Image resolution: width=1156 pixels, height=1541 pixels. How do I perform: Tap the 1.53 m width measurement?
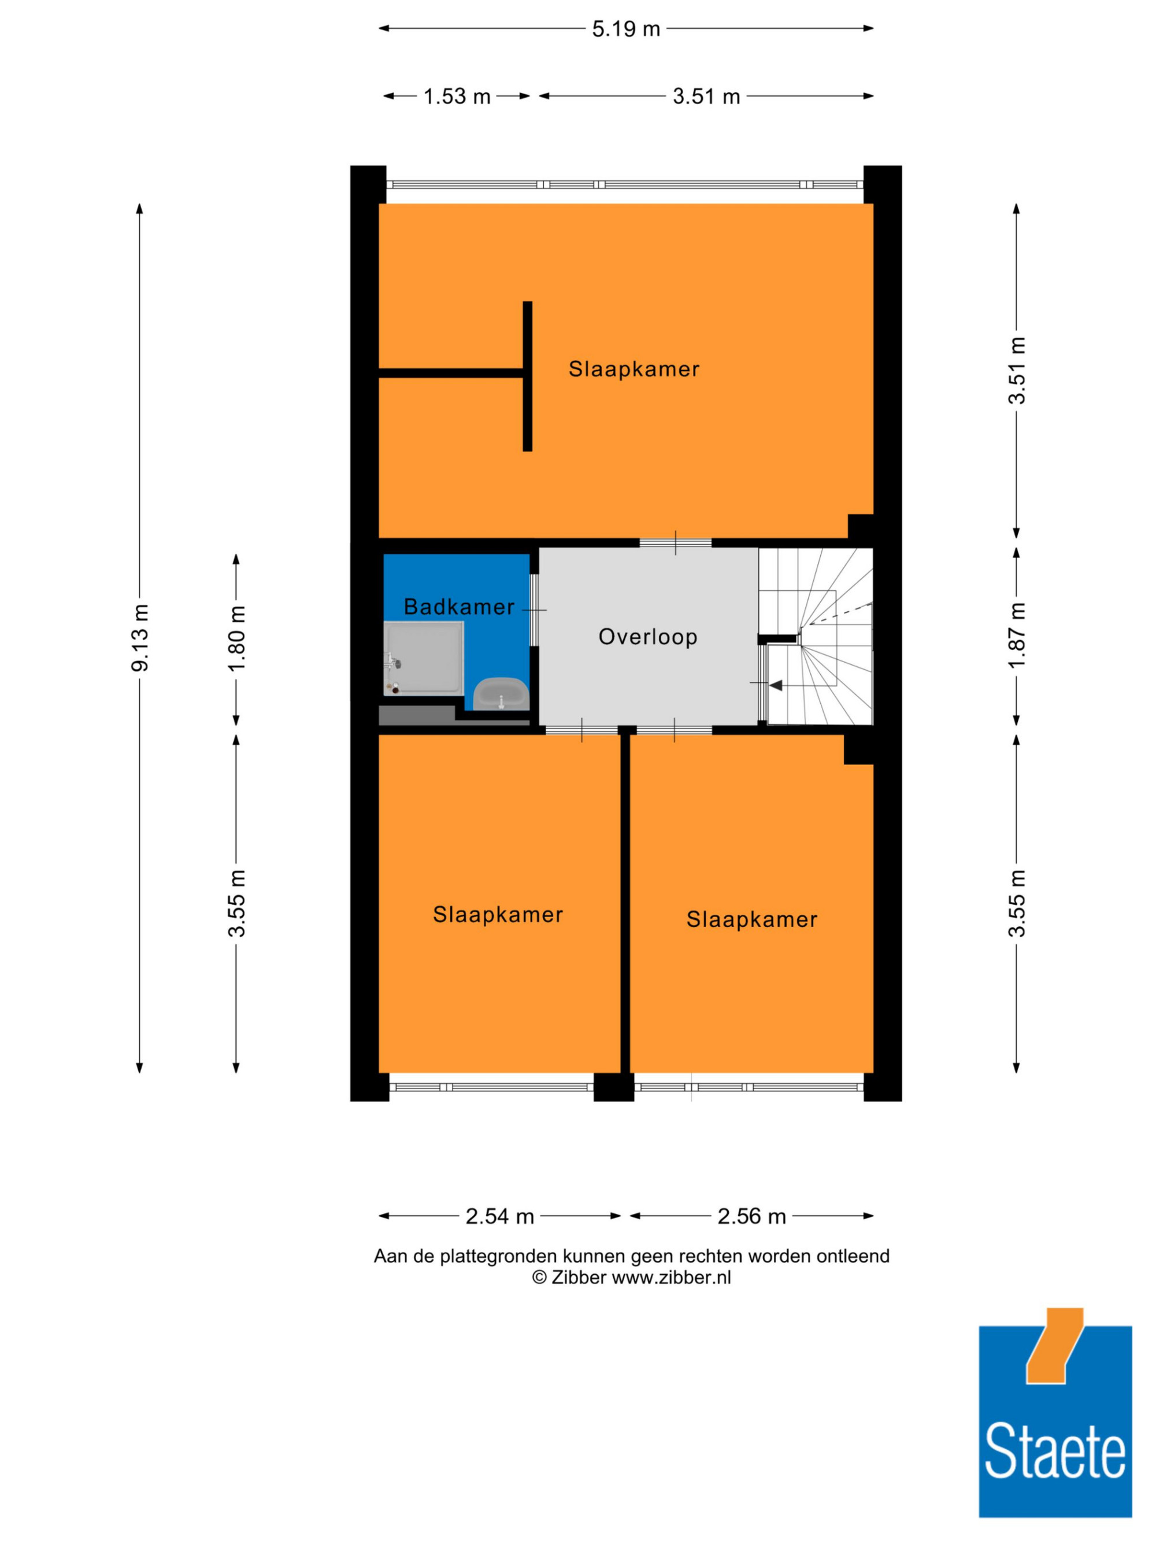click(457, 96)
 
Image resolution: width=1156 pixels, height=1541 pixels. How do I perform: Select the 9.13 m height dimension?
click(139, 637)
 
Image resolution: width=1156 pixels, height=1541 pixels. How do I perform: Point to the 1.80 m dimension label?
click(236, 637)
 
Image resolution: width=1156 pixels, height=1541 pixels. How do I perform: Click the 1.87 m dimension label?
click(1017, 634)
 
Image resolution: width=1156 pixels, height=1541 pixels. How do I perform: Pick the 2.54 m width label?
click(499, 1216)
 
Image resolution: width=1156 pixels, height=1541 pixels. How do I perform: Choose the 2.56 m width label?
click(751, 1216)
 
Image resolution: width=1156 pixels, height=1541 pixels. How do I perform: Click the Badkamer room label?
click(458, 607)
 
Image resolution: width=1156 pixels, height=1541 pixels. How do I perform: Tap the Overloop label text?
click(647, 637)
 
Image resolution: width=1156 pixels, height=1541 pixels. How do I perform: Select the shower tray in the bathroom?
click(423, 658)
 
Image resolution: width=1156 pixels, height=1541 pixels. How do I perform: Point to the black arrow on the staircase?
click(776, 685)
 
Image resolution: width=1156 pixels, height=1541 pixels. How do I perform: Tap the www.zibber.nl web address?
click(671, 1277)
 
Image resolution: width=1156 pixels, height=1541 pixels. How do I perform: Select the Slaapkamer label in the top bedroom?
click(633, 369)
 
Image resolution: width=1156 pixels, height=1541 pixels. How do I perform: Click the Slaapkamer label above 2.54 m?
click(498, 914)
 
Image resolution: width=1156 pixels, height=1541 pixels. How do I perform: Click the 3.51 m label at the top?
click(706, 96)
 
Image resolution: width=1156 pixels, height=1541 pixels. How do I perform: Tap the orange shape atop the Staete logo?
click(1054, 1346)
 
